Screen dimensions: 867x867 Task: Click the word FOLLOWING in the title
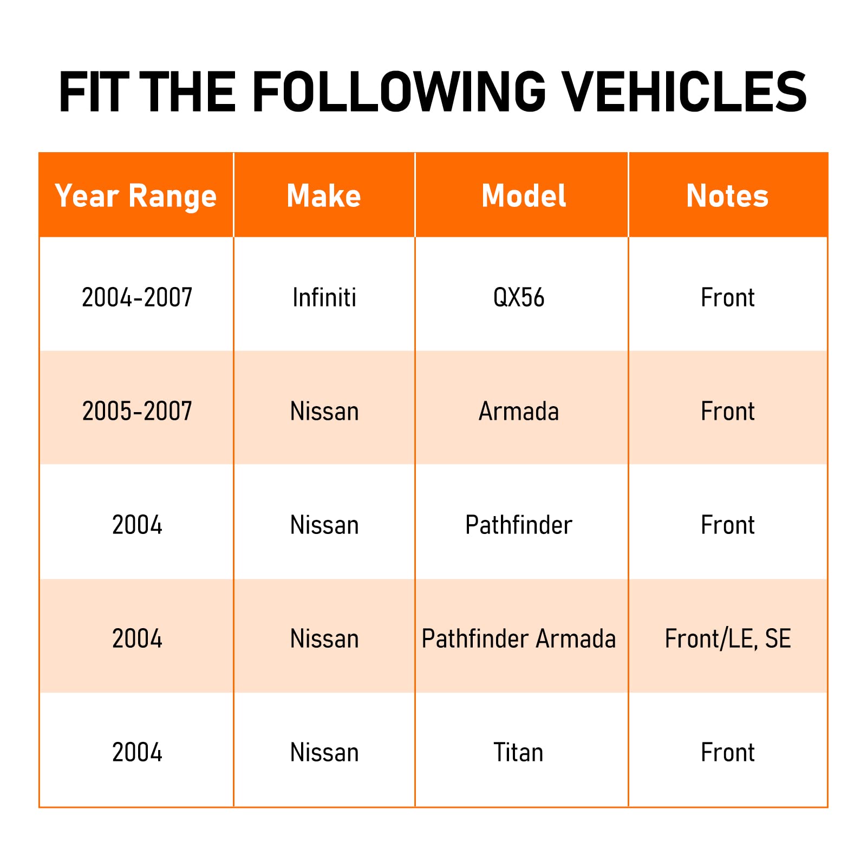[x=399, y=92]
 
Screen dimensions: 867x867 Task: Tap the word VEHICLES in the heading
[x=684, y=92]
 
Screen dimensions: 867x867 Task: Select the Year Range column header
[x=136, y=196]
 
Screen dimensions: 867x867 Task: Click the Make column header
[x=324, y=195]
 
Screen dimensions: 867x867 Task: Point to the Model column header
[x=524, y=195]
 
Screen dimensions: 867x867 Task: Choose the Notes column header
[x=727, y=195]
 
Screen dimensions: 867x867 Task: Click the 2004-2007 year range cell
[x=137, y=297]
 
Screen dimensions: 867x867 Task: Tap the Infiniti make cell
[x=324, y=297]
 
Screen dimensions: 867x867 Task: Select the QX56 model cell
[x=519, y=298]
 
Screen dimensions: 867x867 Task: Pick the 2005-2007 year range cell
[x=137, y=411]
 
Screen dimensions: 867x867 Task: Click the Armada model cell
[x=519, y=411]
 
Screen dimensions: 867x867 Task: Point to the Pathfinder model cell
[x=519, y=525]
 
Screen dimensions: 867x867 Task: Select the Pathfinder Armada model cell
[x=519, y=638]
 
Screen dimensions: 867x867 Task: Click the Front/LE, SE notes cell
[x=728, y=639]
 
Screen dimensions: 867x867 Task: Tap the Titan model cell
[x=518, y=752]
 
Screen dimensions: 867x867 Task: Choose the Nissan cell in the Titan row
[x=324, y=752]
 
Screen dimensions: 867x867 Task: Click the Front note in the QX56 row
[x=728, y=297]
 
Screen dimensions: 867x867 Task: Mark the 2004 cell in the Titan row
[x=137, y=752]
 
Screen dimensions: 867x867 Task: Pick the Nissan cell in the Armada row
[x=324, y=411]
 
